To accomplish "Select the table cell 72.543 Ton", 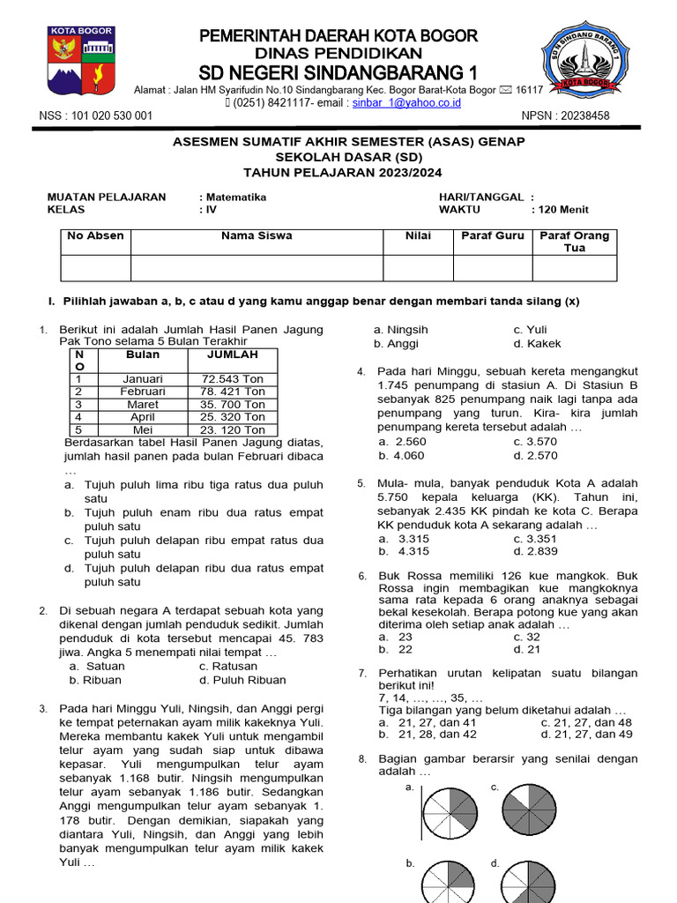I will (x=232, y=379).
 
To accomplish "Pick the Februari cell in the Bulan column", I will (x=143, y=392).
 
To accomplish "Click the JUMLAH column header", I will (x=232, y=354).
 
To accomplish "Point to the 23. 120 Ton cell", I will (x=232, y=430).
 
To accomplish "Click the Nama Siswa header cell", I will (x=257, y=236).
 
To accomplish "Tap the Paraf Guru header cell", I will (x=492, y=236).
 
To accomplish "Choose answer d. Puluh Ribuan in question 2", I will (x=242, y=680).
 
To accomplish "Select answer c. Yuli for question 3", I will (x=530, y=330).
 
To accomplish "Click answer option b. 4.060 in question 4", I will (x=402, y=456).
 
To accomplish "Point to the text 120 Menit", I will (x=560, y=210).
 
